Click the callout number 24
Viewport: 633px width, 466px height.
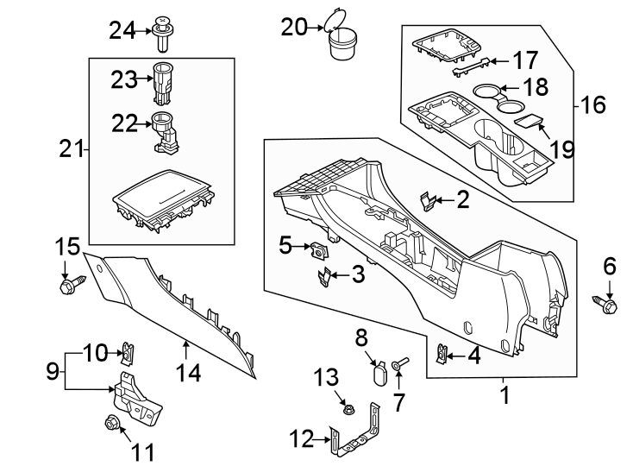(122, 31)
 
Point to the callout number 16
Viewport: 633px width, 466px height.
(593, 105)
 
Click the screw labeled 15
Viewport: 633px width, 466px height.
(71, 285)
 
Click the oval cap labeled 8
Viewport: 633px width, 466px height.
(379, 373)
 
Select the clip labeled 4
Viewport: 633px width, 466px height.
(443, 353)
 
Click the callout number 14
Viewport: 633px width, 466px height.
(188, 374)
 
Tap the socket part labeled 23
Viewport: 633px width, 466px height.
(163, 78)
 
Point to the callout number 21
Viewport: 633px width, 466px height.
(70, 149)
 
